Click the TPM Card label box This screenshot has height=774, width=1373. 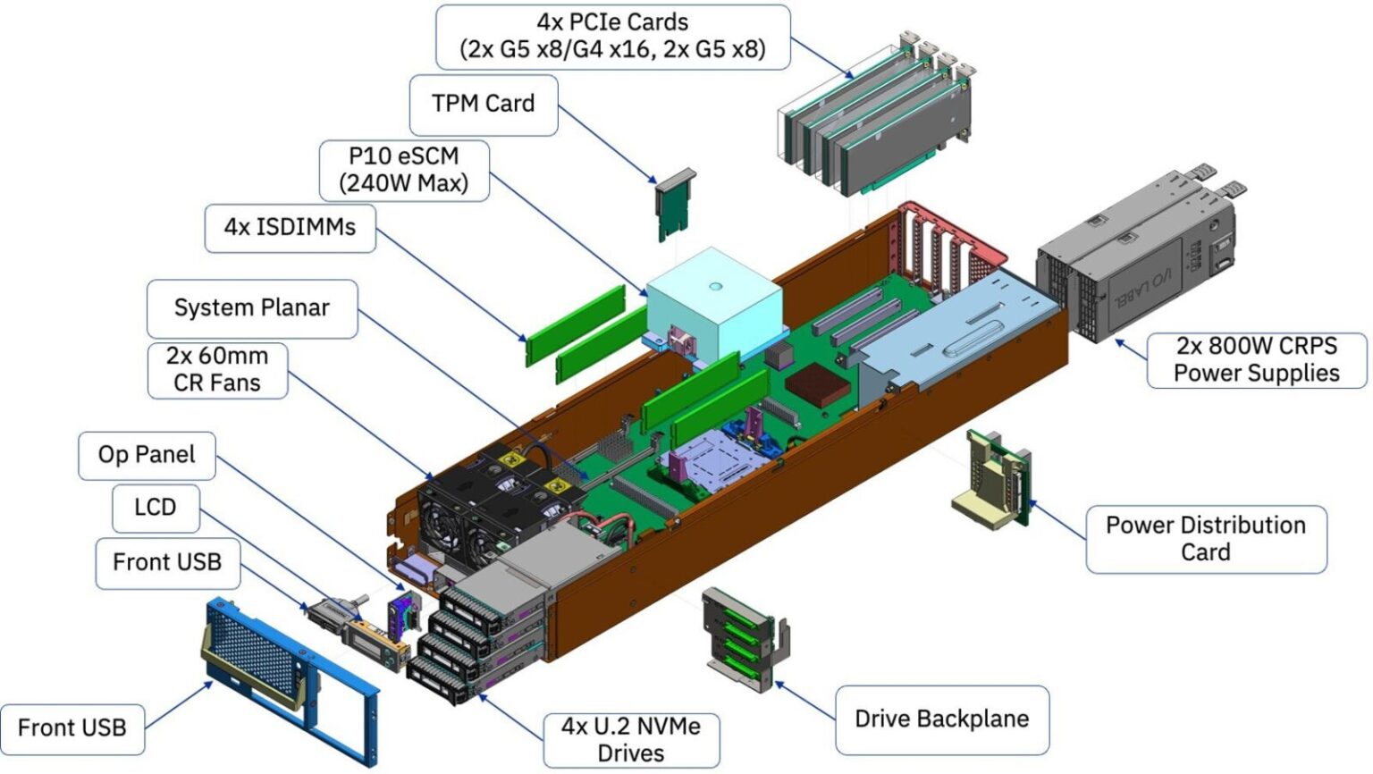point(483,105)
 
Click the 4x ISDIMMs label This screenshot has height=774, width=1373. point(289,228)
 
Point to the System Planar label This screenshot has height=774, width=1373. point(251,308)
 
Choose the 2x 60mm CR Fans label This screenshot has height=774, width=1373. point(216,369)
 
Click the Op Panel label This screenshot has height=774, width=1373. point(147,455)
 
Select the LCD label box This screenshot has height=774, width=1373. point(155,508)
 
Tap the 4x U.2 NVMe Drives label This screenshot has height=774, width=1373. point(630,739)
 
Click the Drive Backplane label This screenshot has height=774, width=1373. point(941,719)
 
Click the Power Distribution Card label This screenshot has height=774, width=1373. point(1205,538)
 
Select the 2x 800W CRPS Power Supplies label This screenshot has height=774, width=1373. point(1256,359)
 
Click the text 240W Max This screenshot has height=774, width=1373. point(404,184)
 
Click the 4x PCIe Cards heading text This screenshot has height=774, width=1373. point(612,21)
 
